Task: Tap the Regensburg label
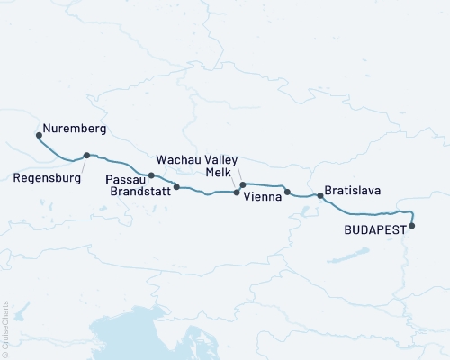(x=48, y=178)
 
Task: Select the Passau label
(x=122, y=178)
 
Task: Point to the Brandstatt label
(x=139, y=191)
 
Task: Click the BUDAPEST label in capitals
(x=373, y=230)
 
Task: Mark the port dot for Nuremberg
(x=39, y=136)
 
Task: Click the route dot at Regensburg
(x=86, y=155)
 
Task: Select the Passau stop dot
(x=151, y=175)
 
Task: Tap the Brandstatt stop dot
(x=176, y=187)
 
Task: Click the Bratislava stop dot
(x=320, y=195)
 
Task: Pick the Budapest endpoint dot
(x=412, y=226)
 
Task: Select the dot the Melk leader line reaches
(x=237, y=192)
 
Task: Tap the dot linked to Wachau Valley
(x=243, y=184)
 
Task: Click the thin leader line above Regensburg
(x=82, y=163)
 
